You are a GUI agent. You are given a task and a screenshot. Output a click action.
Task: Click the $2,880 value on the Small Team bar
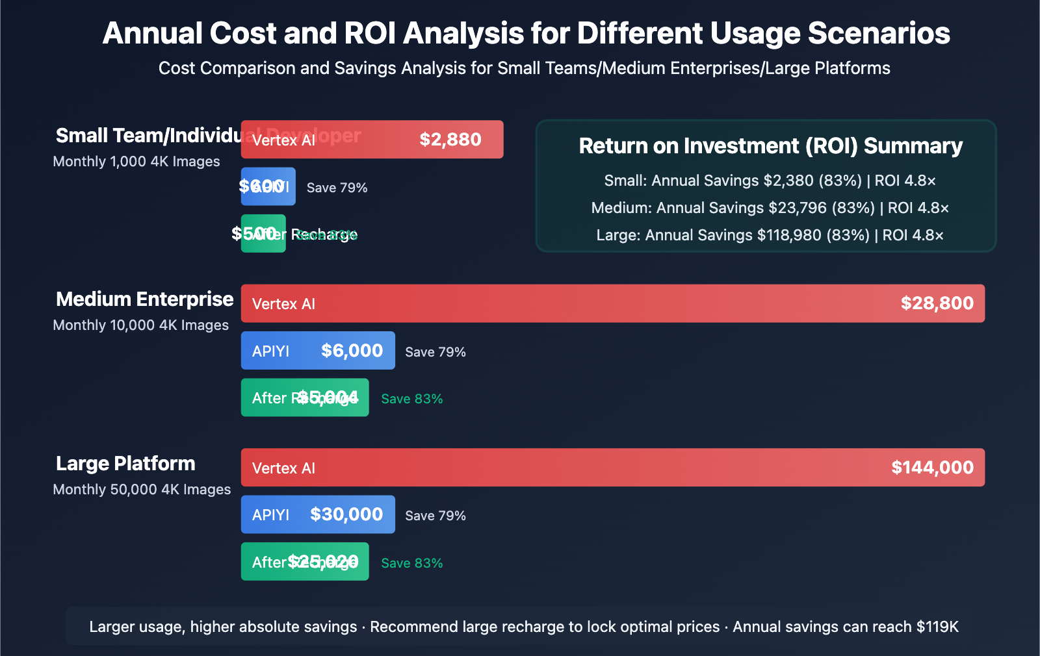(450, 140)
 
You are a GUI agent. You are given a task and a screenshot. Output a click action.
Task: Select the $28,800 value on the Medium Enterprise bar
(937, 303)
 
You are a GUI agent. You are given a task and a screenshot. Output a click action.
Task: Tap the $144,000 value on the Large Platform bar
(932, 468)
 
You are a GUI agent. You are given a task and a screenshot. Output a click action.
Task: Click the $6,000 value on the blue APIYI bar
(352, 351)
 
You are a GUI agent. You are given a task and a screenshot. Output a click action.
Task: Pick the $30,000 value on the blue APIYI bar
(346, 514)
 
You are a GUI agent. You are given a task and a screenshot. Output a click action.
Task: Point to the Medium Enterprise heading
(144, 299)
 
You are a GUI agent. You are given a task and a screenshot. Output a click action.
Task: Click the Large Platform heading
(125, 463)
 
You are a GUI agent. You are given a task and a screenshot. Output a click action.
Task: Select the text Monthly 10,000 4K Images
(140, 325)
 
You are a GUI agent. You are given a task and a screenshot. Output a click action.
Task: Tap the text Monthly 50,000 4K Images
(142, 489)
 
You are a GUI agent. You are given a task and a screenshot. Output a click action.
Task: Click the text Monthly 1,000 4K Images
(136, 161)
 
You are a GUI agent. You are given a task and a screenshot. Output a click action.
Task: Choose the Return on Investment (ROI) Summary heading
(770, 146)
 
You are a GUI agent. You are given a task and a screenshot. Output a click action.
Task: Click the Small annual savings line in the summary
(770, 181)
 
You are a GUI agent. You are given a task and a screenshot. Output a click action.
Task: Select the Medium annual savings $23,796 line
(770, 208)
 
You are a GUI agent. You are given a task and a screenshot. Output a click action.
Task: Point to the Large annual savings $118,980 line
(770, 235)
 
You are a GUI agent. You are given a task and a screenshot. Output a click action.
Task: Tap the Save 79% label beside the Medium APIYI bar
(435, 352)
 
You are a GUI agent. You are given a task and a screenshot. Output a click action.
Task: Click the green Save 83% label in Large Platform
(411, 563)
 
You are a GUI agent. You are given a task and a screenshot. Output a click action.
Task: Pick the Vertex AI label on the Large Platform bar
(283, 468)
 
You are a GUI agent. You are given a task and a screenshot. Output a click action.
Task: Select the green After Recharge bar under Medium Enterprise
(304, 397)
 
